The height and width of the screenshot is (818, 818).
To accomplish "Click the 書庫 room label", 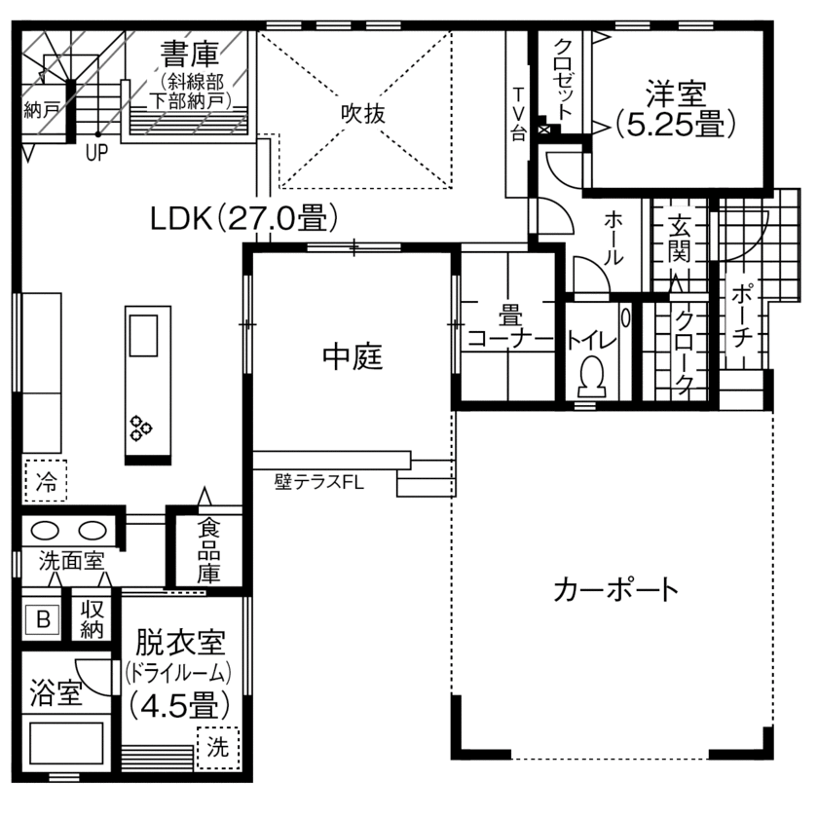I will click(x=190, y=52).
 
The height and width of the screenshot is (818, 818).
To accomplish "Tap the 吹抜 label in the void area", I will click(x=362, y=113).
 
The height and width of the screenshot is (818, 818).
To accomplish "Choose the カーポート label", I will click(x=614, y=589).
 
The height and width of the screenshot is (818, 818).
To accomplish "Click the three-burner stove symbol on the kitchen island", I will click(x=142, y=426).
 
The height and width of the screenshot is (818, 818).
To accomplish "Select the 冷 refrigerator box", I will click(x=46, y=479).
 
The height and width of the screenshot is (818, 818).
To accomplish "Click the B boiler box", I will click(x=43, y=618).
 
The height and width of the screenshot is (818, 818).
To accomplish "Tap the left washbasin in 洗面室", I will click(x=46, y=531).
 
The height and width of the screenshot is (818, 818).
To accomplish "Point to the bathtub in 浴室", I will click(x=65, y=745).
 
